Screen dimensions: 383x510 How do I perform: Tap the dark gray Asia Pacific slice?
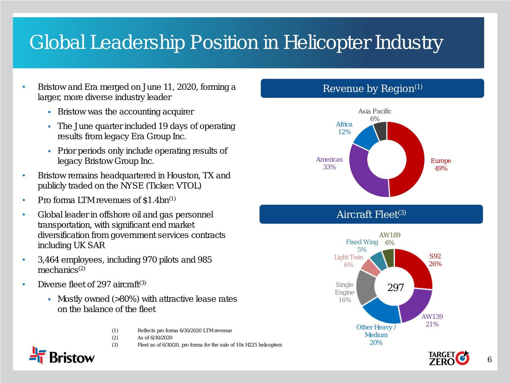(x=380, y=131)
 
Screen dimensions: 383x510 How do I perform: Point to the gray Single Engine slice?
(x=366, y=288)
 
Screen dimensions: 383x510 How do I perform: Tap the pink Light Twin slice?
(x=370, y=267)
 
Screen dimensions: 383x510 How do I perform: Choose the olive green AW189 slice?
(x=389, y=258)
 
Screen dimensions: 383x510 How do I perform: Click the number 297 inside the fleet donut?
(x=396, y=287)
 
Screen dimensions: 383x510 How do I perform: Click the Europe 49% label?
(x=441, y=165)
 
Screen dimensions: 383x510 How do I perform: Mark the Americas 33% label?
(x=329, y=163)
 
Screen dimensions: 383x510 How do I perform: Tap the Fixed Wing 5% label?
(x=362, y=246)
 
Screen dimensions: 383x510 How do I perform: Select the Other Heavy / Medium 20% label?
(x=376, y=335)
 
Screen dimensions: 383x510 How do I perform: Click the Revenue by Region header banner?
(x=372, y=89)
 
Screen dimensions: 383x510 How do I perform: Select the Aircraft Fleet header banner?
(x=371, y=214)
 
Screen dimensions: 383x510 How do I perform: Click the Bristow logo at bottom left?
(x=62, y=355)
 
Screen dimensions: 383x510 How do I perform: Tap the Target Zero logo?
(x=448, y=358)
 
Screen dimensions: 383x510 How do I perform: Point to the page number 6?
(x=489, y=360)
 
